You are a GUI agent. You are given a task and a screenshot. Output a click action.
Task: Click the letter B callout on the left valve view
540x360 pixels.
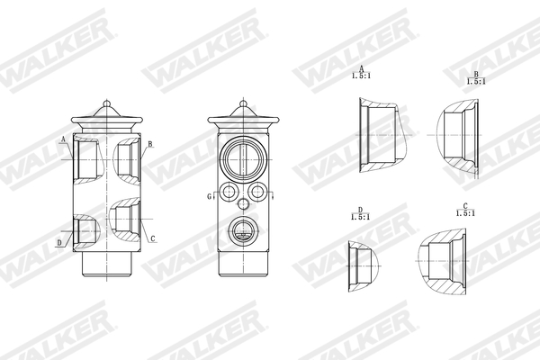pyautogui.click(x=150, y=144)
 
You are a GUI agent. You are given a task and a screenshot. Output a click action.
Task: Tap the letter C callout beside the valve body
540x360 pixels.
pyautogui.click(x=152, y=238)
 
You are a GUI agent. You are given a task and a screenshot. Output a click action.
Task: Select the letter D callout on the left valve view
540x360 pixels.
pyautogui.click(x=59, y=242)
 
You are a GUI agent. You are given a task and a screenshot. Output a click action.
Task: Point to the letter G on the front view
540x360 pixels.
pyautogui.click(x=209, y=195)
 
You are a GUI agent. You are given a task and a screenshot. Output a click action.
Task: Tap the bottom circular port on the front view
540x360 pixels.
pyautogui.click(x=242, y=230)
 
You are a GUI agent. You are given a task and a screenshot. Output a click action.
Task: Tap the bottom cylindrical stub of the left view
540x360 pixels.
pyautogui.click(x=107, y=263)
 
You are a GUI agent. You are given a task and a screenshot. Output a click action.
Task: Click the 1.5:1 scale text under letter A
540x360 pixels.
pyautogui.click(x=361, y=75)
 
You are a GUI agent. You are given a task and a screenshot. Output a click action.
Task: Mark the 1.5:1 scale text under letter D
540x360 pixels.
pyautogui.click(x=359, y=217)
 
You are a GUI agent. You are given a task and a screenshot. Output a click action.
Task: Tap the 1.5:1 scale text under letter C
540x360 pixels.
pyautogui.click(x=465, y=213)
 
